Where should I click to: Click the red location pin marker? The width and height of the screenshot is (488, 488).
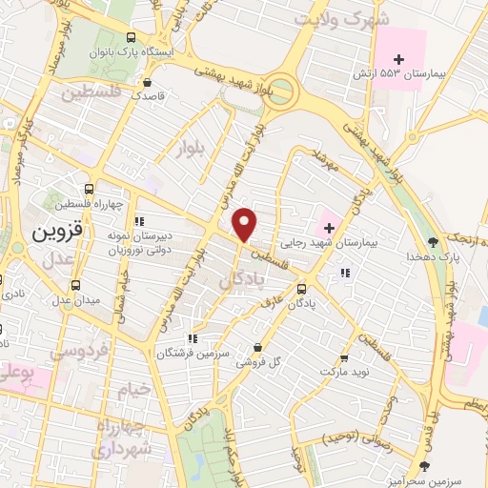click(246, 224)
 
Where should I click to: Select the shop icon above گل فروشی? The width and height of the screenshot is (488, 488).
click(257, 347)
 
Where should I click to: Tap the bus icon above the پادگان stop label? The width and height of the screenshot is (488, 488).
click(301, 289)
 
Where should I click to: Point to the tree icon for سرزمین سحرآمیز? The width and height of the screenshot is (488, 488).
click(424, 466)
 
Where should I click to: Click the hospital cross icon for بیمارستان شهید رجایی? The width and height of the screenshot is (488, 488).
click(330, 228)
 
